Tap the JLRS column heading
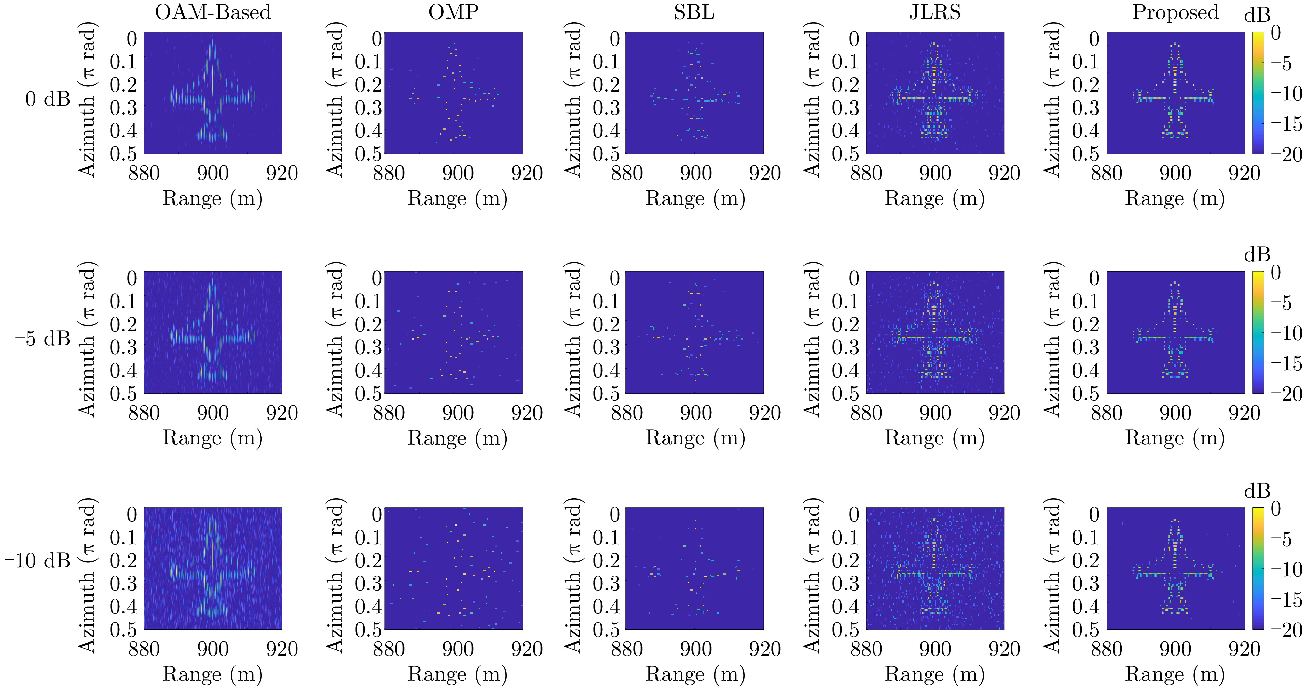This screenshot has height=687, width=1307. (935, 12)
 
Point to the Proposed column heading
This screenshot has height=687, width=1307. (1175, 12)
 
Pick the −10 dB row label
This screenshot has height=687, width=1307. (37, 561)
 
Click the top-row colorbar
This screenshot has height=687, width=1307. (1258, 93)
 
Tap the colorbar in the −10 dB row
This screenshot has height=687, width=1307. (1258, 568)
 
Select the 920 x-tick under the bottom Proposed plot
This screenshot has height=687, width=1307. (1244, 649)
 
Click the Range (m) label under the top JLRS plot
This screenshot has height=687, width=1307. (935, 198)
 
